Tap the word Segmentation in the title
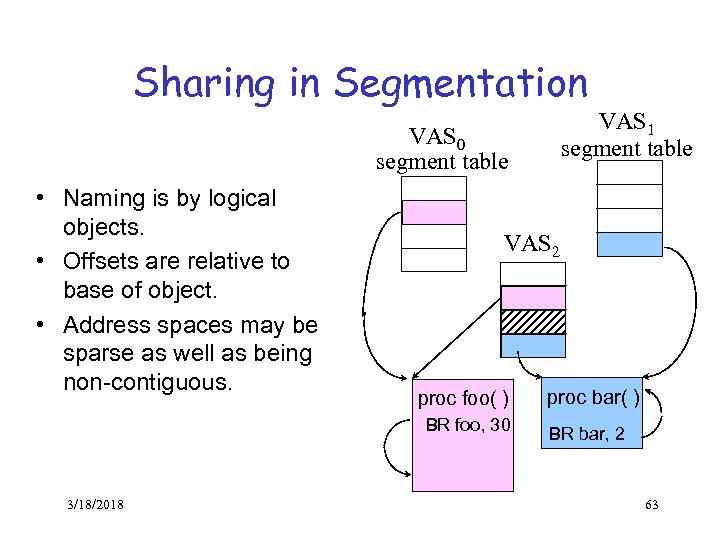(461, 83)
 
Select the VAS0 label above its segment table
(437, 135)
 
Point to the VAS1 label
(626, 124)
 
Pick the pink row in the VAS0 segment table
(433, 212)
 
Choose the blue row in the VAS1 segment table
(628, 244)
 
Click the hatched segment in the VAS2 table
(533, 321)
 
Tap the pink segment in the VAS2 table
(533, 297)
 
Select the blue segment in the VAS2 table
(533, 345)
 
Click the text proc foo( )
(463, 399)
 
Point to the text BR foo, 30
(468, 425)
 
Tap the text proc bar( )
(593, 397)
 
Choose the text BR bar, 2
(586, 433)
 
